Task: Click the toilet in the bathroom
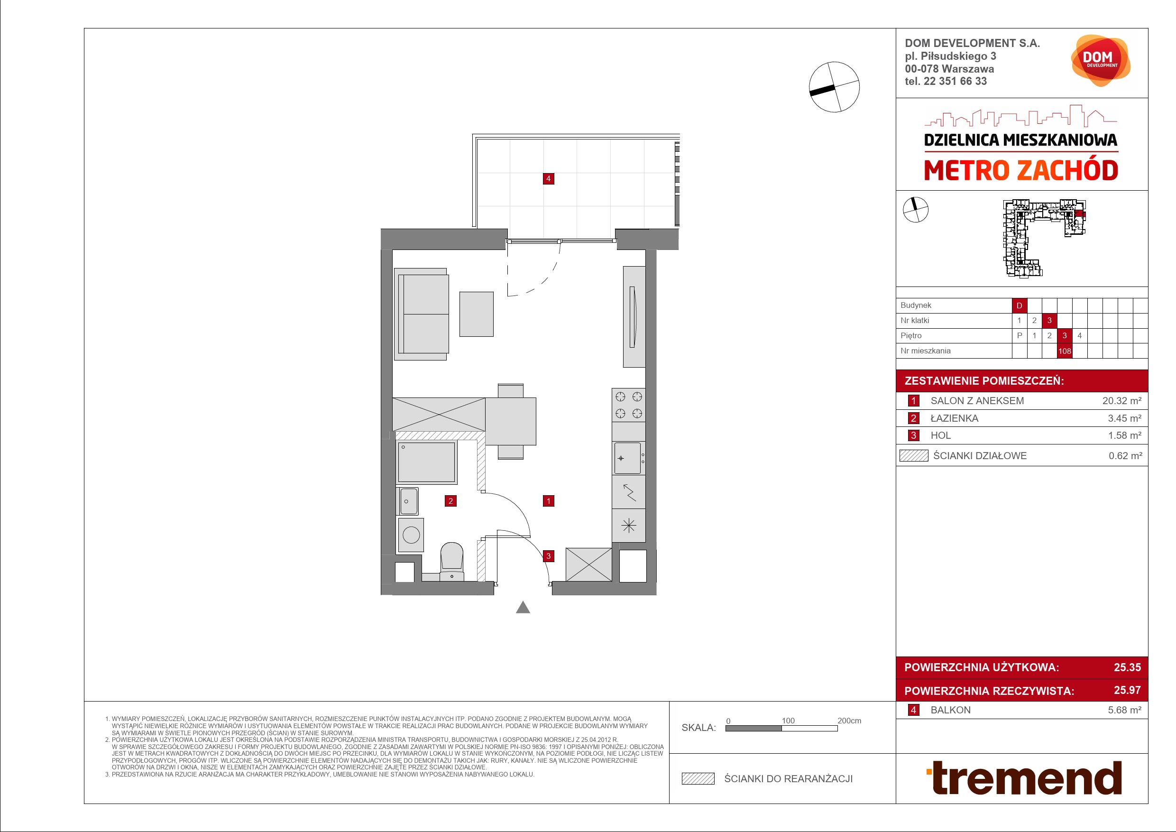tap(452, 562)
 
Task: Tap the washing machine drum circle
tap(411, 536)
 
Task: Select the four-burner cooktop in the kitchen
tap(628, 405)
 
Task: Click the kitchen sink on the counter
tap(628, 458)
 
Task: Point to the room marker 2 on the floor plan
tap(451, 501)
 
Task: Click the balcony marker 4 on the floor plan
tap(549, 179)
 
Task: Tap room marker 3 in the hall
tap(549, 556)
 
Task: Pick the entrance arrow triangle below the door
tap(523, 607)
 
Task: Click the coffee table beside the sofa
tap(477, 314)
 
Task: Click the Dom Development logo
tap(1100, 60)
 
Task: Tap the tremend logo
tap(1024, 778)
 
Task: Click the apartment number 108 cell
tap(1065, 351)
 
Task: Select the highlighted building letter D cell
tap(1019, 305)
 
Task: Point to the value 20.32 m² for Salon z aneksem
tap(1122, 401)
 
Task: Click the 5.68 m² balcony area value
tap(1124, 710)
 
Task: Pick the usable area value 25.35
tap(1127, 667)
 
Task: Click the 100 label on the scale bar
tap(788, 721)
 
